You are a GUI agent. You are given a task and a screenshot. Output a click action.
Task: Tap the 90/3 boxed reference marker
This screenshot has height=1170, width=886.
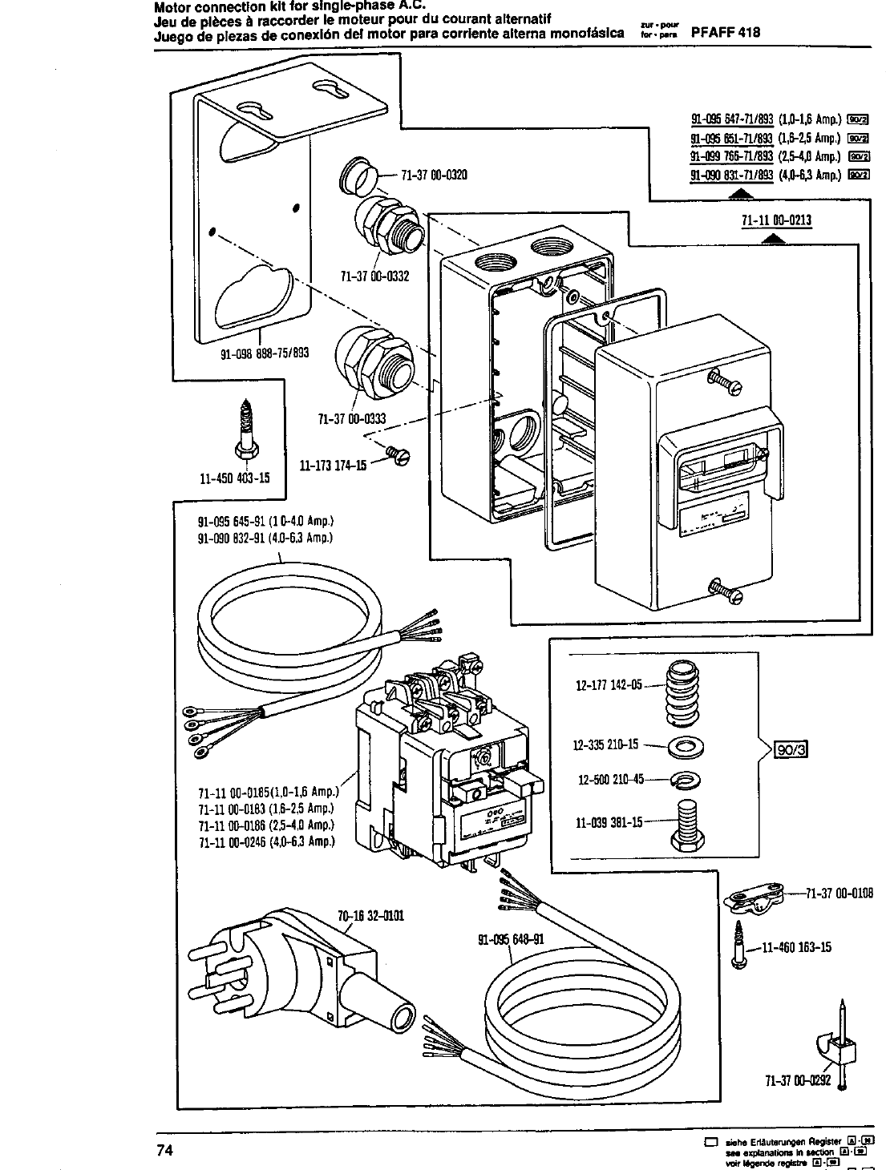(790, 749)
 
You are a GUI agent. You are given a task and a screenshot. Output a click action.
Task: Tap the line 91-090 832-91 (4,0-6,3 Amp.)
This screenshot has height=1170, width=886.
(265, 537)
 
